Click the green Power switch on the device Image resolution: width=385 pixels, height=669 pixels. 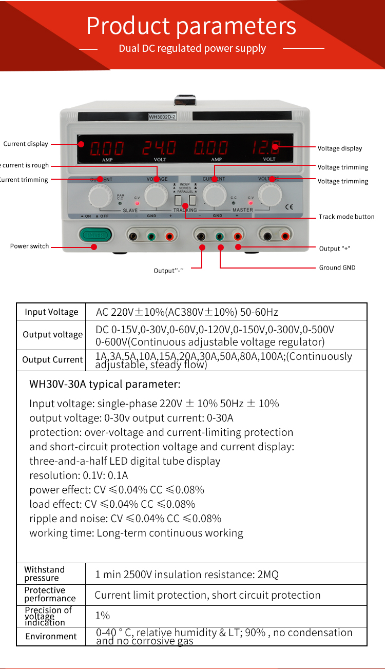(x=95, y=235)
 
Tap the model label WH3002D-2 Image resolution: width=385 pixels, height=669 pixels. (x=162, y=117)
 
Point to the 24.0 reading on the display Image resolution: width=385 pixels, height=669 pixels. (x=159, y=148)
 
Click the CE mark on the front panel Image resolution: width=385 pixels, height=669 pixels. (x=289, y=207)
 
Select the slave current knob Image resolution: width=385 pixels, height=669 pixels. (x=100, y=196)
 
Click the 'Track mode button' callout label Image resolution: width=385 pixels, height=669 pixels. (x=346, y=217)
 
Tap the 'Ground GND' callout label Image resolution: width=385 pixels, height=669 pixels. (x=337, y=267)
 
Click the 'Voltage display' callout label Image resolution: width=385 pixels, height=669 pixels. (x=339, y=148)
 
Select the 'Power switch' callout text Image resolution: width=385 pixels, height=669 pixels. (x=29, y=246)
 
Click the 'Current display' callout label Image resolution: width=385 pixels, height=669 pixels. (x=26, y=144)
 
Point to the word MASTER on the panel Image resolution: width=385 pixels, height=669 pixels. (x=243, y=210)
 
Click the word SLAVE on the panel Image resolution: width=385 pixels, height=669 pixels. (x=130, y=210)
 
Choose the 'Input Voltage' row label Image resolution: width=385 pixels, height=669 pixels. (x=51, y=312)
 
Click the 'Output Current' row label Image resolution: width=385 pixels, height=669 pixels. (x=52, y=360)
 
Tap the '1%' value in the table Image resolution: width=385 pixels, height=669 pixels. (x=103, y=615)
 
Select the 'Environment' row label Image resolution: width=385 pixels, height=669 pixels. (x=51, y=636)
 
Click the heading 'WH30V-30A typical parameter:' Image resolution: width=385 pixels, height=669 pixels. (x=105, y=384)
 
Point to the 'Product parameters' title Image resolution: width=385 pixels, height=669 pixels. (x=191, y=26)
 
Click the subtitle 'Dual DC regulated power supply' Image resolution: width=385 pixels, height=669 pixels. (x=192, y=48)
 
